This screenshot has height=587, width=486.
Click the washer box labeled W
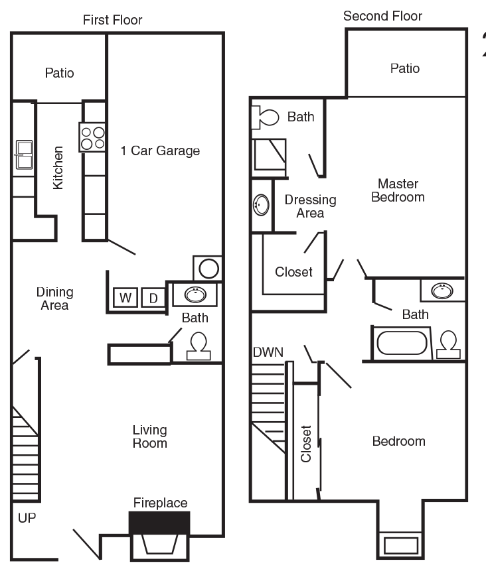125,298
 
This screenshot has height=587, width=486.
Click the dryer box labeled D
153,298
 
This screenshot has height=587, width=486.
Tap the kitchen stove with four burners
93,137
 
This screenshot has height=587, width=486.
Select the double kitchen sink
23,155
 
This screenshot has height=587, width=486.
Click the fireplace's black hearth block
159,522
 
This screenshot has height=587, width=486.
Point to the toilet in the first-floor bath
198,346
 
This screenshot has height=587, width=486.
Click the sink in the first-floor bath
195,294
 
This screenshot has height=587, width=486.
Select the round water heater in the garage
209,269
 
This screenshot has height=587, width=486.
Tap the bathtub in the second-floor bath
402,344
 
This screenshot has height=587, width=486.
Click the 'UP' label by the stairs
27,517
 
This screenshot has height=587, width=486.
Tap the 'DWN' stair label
268,352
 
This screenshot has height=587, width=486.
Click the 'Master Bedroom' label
398,190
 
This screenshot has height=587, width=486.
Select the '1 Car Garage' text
160,151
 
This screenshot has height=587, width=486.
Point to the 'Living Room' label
149,436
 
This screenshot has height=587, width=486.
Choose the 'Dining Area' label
54,298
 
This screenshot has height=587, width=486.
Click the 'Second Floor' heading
382,16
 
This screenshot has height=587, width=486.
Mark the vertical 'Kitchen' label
58,168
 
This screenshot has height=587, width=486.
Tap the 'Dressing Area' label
310,206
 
